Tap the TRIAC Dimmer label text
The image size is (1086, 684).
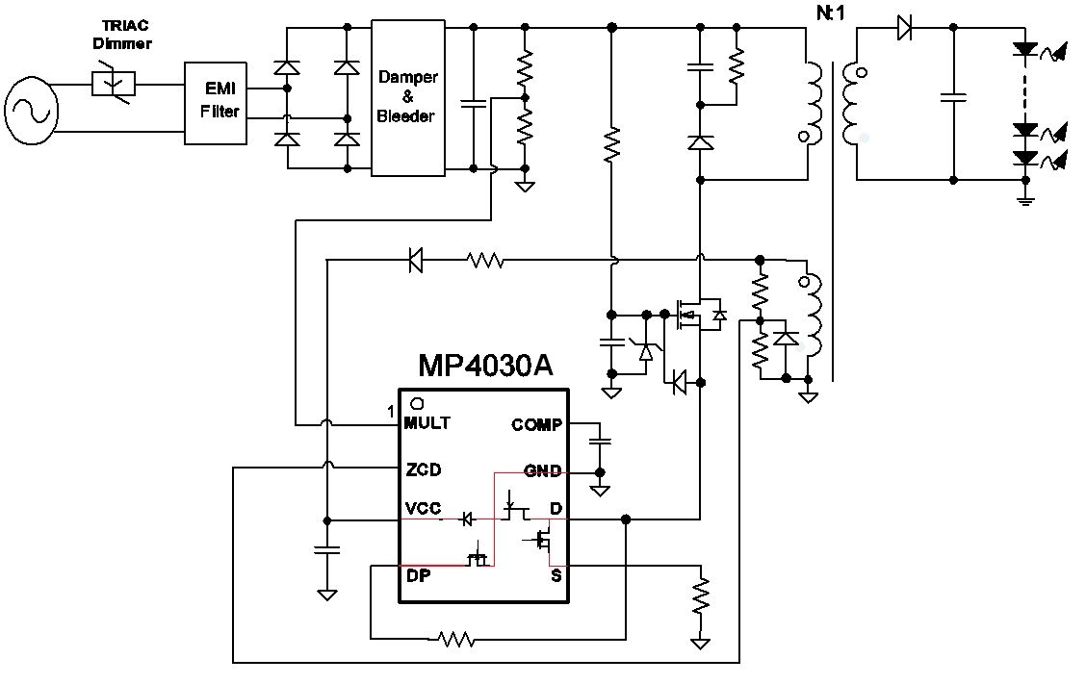point(122,35)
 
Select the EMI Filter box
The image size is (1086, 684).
point(216,103)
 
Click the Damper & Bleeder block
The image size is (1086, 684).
point(408,97)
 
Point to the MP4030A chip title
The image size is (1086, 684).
point(485,365)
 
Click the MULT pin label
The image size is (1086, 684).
point(427,423)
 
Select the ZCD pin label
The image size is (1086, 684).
point(424,470)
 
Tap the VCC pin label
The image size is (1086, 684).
point(423,509)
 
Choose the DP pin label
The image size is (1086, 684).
point(419,575)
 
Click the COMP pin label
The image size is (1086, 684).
point(536,424)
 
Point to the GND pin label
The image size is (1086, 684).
point(542,471)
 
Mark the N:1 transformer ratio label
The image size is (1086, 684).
point(831,13)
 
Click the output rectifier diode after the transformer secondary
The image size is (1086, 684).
point(904,28)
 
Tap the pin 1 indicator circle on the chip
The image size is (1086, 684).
point(417,403)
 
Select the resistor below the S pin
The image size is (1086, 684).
point(700,596)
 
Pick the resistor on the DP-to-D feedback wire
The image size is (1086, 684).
point(456,639)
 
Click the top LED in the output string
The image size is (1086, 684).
point(1024,49)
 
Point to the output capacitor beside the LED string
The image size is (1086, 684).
point(954,97)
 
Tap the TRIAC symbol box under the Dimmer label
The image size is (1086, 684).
point(113,84)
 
